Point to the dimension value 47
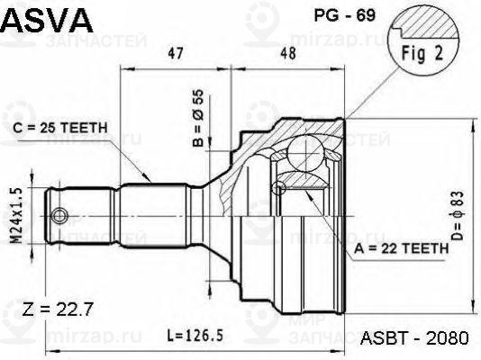(176, 55)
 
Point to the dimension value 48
(288, 55)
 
